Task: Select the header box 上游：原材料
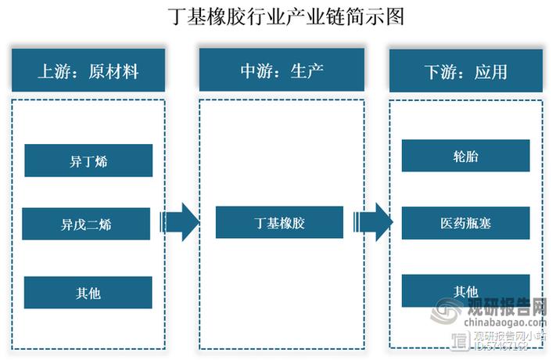(88, 71)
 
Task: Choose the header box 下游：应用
(466, 71)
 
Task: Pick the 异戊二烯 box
(85, 225)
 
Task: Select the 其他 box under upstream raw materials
(88, 293)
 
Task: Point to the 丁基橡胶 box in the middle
(279, 222)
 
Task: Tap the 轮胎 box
(465, 156)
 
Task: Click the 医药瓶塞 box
(465, 224)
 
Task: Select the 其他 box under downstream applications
(465, 290)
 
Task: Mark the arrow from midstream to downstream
(373, 221)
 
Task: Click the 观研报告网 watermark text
(506, 308)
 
